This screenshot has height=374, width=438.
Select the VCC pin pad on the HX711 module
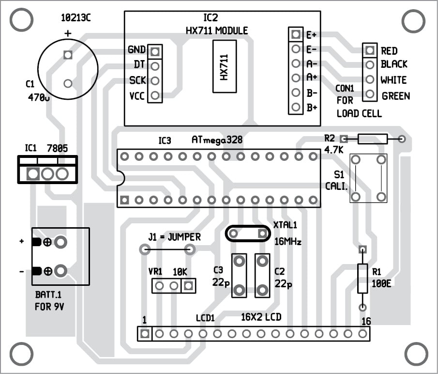pyautogui.click(x=155, y=95)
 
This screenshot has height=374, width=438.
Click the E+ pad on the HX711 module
pyautogui.click(x=295, y=35)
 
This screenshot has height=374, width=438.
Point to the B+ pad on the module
pyautogui.click(x=295, y=108)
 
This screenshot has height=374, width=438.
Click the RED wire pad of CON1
pyautogui.click(x=370, y=50)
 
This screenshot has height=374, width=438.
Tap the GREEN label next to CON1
pyautogui.click(x=395, y=96)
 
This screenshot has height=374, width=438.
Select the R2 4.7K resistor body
pyautogui.click(x=372, y=140)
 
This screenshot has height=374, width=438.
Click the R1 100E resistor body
pyautogui.click(x=362, y=278)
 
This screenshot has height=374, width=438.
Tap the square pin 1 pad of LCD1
pyautogui.click(x=144, y=333)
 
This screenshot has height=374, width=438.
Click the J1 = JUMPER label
pyautogui.click(x=174, y=237)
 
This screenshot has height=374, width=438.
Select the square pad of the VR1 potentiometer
pyautogui.click(x=188, y=286)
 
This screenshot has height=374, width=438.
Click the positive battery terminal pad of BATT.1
pyautogui.click(x=60, y=242)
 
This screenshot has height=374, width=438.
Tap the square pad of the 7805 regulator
pyautogui.click(x=33, y=173)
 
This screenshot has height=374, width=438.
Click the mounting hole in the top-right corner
pyautogui.click(x=412, y=20)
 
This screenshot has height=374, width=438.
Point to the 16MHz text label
pyautogui.click(x=287, y=241)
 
